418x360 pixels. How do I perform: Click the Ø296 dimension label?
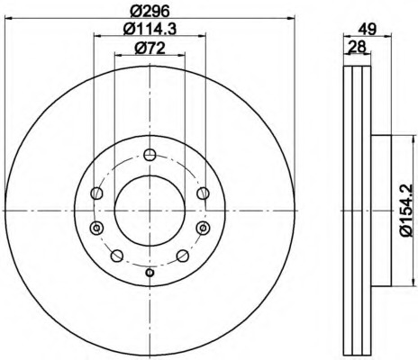[x=150, y=12]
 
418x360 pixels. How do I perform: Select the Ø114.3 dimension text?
[x=150, y=30]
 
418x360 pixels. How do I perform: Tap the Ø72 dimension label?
[x=150, y=48]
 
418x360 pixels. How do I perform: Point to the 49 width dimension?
[x=367, y=30]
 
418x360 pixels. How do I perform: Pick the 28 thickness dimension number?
[x=357, y=47]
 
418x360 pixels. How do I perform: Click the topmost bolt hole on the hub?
[x=150, y=155]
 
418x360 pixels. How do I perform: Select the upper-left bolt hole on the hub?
[x=97, y=193]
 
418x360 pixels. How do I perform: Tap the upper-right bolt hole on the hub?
[x=203, y=193]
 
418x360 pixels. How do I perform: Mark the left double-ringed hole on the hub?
[x=96, y=229]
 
